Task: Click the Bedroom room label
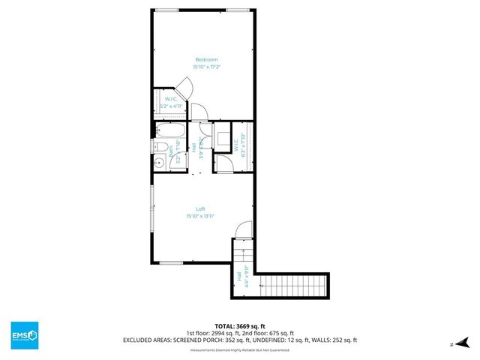click(x=206, y=59)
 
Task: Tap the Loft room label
click(x=200, y=208)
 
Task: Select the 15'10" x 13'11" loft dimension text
click(x=200, y=216)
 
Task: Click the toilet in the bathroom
click(x=160, y=146)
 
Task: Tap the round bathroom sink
click(x=159, y=163)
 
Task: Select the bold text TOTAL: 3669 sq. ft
click(x=239, y=325)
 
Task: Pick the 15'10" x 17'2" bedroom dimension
click(x=206, y=67)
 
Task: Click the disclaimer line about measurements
click(x=239, y=349)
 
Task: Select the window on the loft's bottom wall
click(x=170, y=262)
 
